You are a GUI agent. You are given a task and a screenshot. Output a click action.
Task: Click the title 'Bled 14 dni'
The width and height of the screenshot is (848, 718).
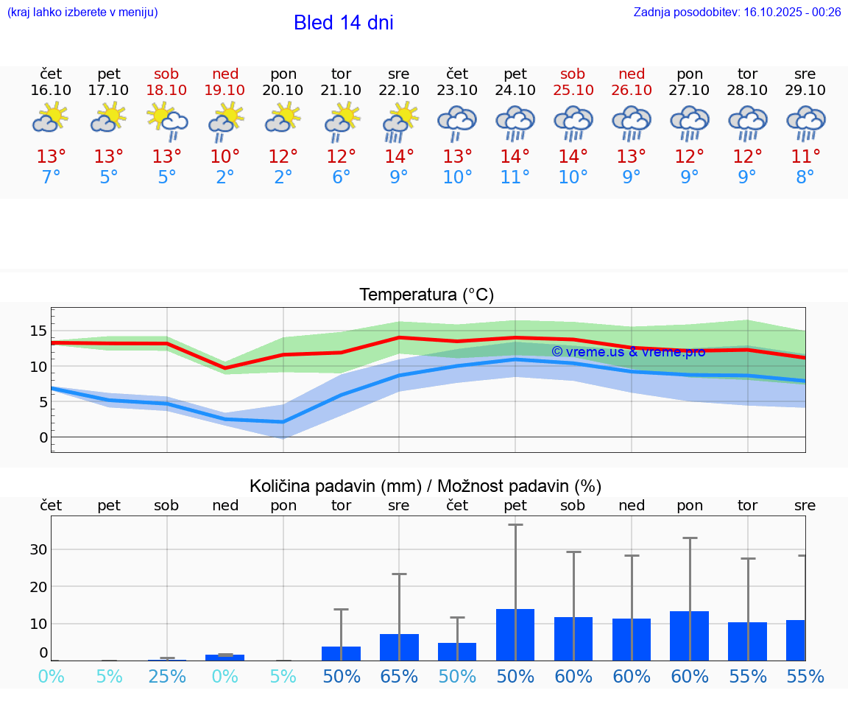point(343,23)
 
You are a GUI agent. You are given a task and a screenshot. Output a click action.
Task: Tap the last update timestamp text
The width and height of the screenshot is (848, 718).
point(737,12)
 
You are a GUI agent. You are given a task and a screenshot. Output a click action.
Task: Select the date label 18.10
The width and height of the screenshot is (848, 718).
point(166,90)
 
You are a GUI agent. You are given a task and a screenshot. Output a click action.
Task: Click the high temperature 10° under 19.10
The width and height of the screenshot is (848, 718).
point(225,157)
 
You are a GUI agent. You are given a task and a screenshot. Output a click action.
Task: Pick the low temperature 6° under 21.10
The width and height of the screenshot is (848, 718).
point(341,177)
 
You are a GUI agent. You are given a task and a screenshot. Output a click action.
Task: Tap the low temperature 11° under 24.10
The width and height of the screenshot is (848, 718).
point(515,177)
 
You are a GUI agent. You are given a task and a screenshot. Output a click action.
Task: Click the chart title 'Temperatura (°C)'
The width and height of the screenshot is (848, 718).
point(426,295)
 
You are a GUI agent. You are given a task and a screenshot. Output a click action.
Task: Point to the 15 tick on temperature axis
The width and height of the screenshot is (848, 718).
point(38,331)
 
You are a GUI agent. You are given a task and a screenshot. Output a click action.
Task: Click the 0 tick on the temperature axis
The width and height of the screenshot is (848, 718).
point(43,437)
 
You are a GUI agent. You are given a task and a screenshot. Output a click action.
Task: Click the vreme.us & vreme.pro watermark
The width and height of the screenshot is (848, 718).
point(628,352)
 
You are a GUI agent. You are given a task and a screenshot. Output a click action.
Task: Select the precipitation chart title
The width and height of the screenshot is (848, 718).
point(425,486)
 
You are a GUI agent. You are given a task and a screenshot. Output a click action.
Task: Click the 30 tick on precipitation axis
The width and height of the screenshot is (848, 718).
point(38,549)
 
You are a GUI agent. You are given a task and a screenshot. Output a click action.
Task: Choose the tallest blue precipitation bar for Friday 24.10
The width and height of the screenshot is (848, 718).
point(515,634)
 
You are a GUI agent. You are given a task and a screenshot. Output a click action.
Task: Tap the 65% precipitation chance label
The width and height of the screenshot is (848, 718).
point(399,676)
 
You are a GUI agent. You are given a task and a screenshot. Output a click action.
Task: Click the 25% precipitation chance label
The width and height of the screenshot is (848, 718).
point(166,676)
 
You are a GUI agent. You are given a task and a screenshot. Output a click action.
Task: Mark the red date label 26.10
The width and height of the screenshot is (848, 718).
point(631,90)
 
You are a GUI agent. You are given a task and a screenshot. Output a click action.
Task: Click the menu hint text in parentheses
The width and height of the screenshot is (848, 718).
point(82,12)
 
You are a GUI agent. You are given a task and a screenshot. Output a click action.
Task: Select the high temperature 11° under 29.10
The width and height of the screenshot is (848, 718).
point(805,157)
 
